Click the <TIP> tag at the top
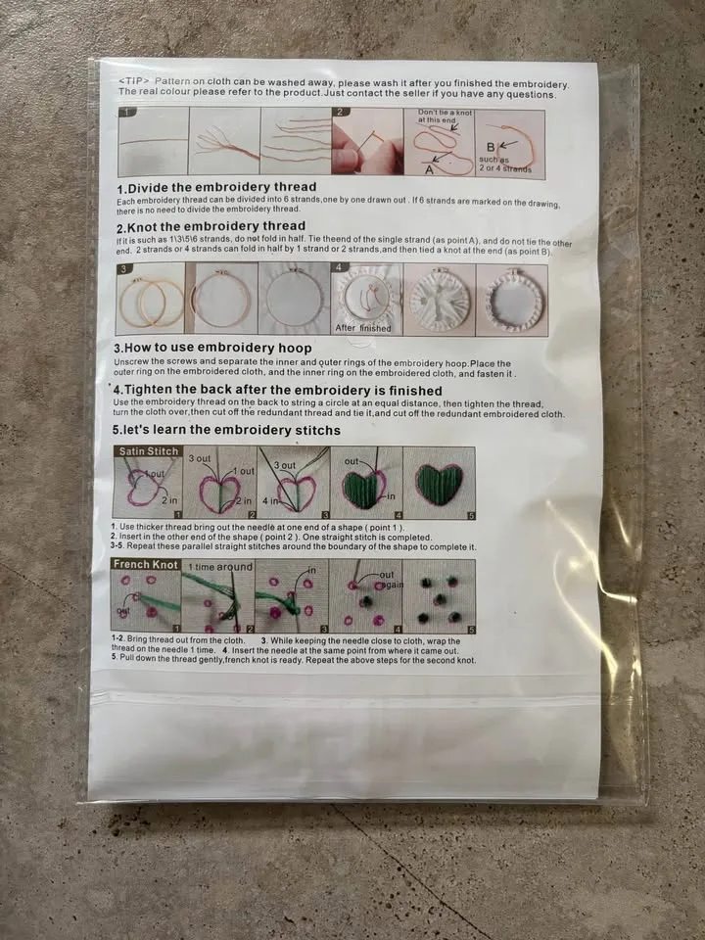(132, 79)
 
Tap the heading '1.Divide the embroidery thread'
(215, 187)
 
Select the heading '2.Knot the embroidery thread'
(210, 227)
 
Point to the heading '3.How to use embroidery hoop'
(212, 348)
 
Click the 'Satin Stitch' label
(147, 452)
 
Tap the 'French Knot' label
(145, 565)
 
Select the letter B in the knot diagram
(492, 147)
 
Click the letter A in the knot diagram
(429, 168)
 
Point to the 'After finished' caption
(362, 328)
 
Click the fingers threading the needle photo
(366, 143)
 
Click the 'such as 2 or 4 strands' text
(505, 164)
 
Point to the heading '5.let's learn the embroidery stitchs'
(227, 430)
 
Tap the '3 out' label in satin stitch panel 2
(199, 458)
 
